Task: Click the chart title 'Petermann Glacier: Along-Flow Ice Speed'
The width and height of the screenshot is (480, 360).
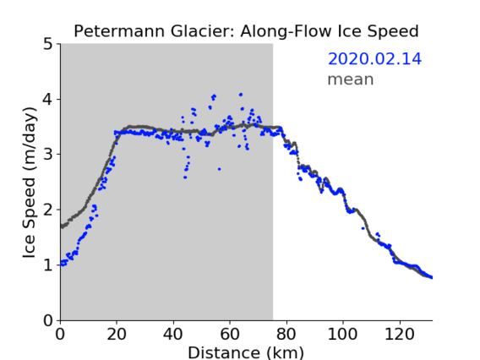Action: coord(246,31)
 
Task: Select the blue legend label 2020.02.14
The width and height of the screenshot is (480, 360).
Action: coord(374,59)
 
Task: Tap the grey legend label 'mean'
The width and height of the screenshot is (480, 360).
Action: coord(351,79)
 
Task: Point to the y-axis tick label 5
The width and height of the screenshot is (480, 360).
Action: coord(48,45)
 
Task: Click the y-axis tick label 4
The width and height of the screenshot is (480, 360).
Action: coord(48,100)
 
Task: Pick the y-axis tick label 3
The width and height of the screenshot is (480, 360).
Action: coord(48,155)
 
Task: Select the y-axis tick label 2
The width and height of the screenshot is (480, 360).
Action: coord(48,210)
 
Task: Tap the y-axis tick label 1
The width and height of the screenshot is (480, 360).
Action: coord(48,265)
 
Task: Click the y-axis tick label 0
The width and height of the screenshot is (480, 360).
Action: coord(48,320)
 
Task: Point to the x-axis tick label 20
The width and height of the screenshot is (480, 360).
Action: coord(117,334)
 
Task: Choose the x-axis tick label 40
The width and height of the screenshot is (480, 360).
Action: coord(173,334)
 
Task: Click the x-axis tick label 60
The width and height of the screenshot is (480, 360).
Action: coord(230,334)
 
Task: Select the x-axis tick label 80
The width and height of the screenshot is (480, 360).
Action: coord(286,334)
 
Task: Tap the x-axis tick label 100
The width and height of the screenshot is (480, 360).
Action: coord(342,334)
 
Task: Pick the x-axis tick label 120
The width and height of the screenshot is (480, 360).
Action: coord(399,334)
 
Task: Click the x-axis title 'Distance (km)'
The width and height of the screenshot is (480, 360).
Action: coord(246,352)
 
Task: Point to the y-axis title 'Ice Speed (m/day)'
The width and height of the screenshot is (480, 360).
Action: coord(30,183)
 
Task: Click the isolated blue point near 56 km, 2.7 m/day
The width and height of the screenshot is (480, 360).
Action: coord(219,169)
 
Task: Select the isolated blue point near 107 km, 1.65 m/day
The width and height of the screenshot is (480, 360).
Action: coord(363,228)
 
